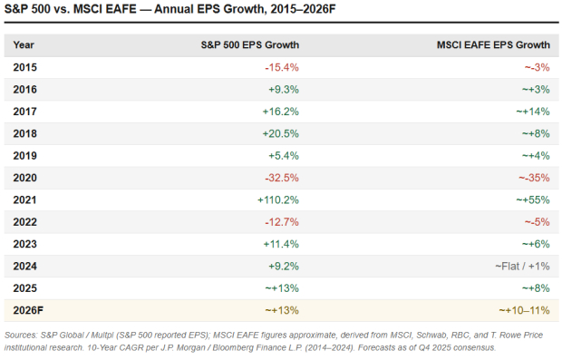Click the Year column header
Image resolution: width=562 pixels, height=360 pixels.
24,44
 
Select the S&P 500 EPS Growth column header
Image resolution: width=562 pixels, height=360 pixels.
249,44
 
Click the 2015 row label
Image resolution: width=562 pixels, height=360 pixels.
25,67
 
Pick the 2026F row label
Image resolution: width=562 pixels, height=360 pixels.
28,310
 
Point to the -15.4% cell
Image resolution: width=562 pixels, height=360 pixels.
282,67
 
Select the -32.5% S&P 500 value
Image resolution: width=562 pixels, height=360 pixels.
282,178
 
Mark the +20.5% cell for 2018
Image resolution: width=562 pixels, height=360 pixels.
283,133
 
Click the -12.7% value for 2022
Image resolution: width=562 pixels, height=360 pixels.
282,222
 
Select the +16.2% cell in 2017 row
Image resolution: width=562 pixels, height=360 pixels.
283,112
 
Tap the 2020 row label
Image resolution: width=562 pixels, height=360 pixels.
25,178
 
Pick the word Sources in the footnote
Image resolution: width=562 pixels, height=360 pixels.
24,335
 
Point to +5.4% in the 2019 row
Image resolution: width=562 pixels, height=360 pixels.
285,155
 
